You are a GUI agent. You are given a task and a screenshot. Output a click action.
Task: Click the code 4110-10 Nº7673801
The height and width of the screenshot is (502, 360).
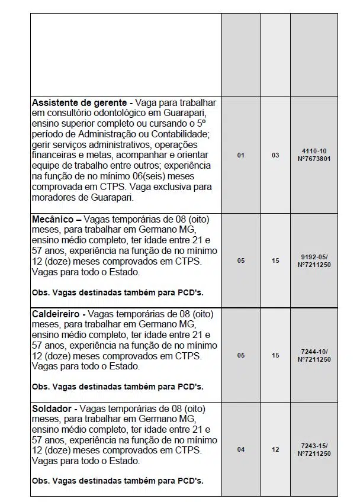[314, 155]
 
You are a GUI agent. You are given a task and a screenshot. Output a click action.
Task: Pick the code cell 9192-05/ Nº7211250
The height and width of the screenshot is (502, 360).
[314, 260]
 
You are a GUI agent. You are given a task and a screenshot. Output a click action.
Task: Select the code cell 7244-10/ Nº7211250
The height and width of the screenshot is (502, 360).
[314, 355]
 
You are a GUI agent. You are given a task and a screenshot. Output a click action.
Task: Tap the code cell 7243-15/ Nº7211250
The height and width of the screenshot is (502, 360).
[314, 449]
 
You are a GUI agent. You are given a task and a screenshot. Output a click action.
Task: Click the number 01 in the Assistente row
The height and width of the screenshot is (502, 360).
[240, 155]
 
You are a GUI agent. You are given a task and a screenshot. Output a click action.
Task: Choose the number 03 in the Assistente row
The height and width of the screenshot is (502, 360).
[275, 155]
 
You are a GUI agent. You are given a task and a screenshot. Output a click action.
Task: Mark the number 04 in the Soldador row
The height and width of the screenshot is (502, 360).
[240, 449]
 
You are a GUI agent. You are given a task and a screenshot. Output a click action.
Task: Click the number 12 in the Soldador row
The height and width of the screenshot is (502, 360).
[275, 449]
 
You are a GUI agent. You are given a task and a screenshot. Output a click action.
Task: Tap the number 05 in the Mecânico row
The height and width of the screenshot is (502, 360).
[240, 260]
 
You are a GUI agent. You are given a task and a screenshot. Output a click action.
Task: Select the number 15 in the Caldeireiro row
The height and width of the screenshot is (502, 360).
[275, 355]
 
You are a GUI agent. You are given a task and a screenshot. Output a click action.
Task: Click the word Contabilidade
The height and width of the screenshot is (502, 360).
[179, 134]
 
